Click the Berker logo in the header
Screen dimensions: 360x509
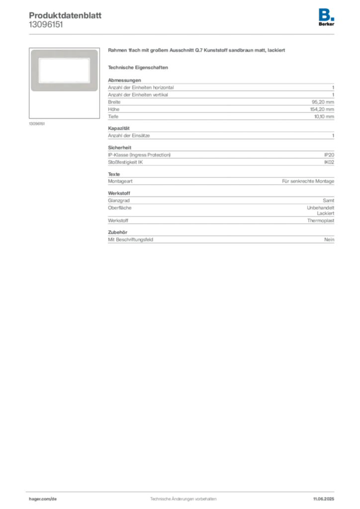(x=326, y=17)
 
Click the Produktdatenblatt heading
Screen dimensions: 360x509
(x=65, y=15)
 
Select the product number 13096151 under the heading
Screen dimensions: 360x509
(x=46, y=25)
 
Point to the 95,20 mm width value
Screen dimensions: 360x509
(x=323, y=102)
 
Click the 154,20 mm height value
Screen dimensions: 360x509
(x=322, y=109)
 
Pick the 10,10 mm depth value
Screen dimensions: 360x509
(x=324, y=116)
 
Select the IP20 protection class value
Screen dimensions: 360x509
(x=329, y=155)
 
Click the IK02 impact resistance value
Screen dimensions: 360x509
(x=329, y=162)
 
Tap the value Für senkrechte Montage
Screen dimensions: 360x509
(x=308, y=181)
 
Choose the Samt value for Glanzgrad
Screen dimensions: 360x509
(x=328, y=201)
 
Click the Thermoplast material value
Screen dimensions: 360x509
(x=320, y=220)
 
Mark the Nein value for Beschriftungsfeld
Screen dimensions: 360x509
(x=329, y=240)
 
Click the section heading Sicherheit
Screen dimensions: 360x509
(x=119, y=148)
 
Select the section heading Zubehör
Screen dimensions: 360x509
(x=117, y=233)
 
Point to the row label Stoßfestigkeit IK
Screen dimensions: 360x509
(x=125, y=162)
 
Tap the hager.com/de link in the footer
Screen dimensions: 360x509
(x=43, y=499)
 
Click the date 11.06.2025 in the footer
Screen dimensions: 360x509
(x=323, y=499)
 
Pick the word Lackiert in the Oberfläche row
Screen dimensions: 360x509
(x=325, y=213)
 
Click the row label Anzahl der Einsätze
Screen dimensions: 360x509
(x=129, y=136)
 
